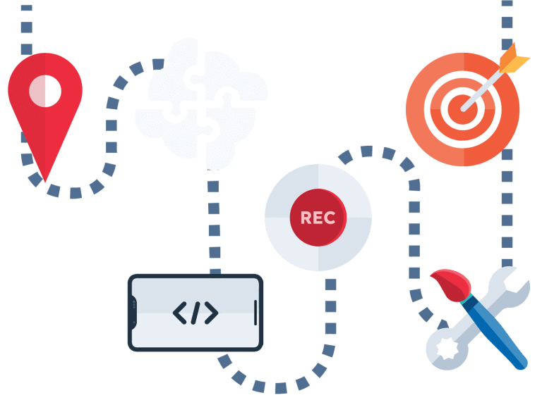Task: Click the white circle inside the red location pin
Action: [45, 90]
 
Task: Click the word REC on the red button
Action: [318, 218]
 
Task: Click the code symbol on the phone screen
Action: [195, 312]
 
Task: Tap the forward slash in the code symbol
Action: [195, 312]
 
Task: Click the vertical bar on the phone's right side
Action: [255, 312]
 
